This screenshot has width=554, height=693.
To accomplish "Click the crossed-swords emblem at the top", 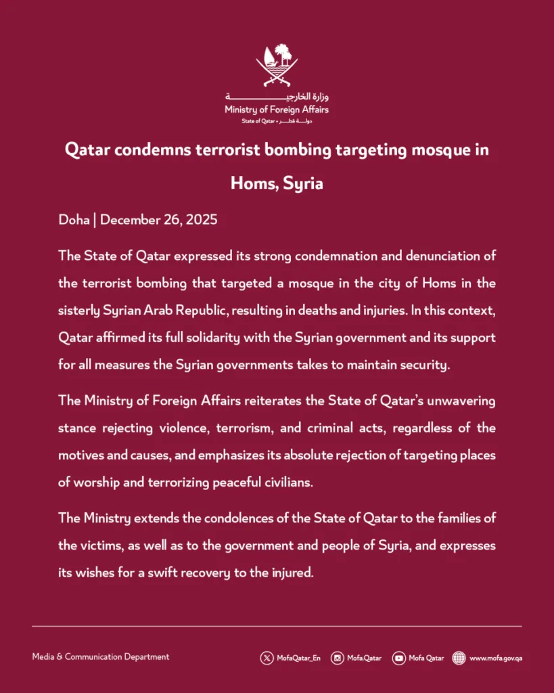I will point(277,65).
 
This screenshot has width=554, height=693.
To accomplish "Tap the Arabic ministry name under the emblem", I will point(277,97).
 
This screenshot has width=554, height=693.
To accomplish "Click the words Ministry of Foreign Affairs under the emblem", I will point(277,110).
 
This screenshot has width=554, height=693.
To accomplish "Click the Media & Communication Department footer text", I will point(101,656).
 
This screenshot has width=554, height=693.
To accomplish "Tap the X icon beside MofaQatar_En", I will point(267,657).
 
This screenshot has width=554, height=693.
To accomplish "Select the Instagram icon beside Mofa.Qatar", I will point(337,657).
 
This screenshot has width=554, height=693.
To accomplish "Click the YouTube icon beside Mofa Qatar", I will point(399,657).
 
